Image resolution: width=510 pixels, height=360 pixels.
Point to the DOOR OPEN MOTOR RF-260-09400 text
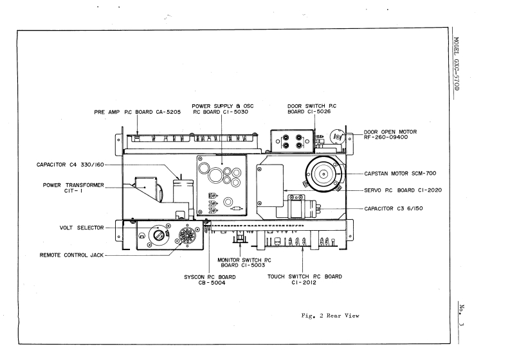coord(389,134)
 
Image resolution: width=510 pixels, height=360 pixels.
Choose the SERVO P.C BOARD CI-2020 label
coord(401,190)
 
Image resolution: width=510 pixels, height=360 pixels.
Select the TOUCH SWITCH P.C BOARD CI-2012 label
coord(304,280)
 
